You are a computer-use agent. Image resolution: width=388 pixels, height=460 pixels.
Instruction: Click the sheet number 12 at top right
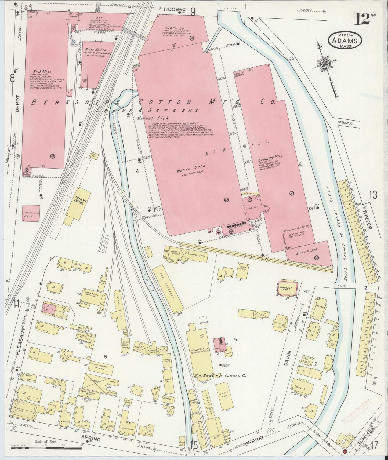pyautogui.click(x=362, y=19)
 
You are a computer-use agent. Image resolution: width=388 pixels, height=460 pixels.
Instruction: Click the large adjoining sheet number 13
pyautogui.click(x=373, y=194)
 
